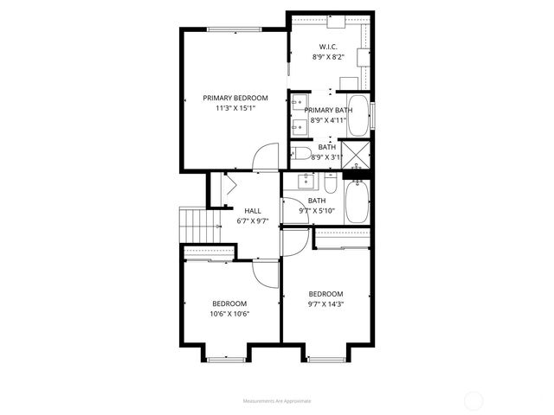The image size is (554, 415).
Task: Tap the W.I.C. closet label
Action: (327, 47)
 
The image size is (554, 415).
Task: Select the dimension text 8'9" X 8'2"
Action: (327, 57)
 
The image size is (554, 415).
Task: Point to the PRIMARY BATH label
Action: (329, 110)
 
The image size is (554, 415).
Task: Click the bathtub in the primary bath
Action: (358, 116)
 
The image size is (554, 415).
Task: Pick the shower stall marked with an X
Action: (356, 155)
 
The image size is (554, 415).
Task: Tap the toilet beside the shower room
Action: (301, 154)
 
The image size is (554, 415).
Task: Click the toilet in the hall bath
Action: (330, 184)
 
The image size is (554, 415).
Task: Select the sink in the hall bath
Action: (306, 181)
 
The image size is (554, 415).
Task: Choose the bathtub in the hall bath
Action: (357, 202)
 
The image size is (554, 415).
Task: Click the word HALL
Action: (253, 210)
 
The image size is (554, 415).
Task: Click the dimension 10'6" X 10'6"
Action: (229, 314)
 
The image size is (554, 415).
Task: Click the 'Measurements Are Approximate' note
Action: (276, 401)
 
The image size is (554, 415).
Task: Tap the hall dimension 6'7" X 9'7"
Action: (253, 220)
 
